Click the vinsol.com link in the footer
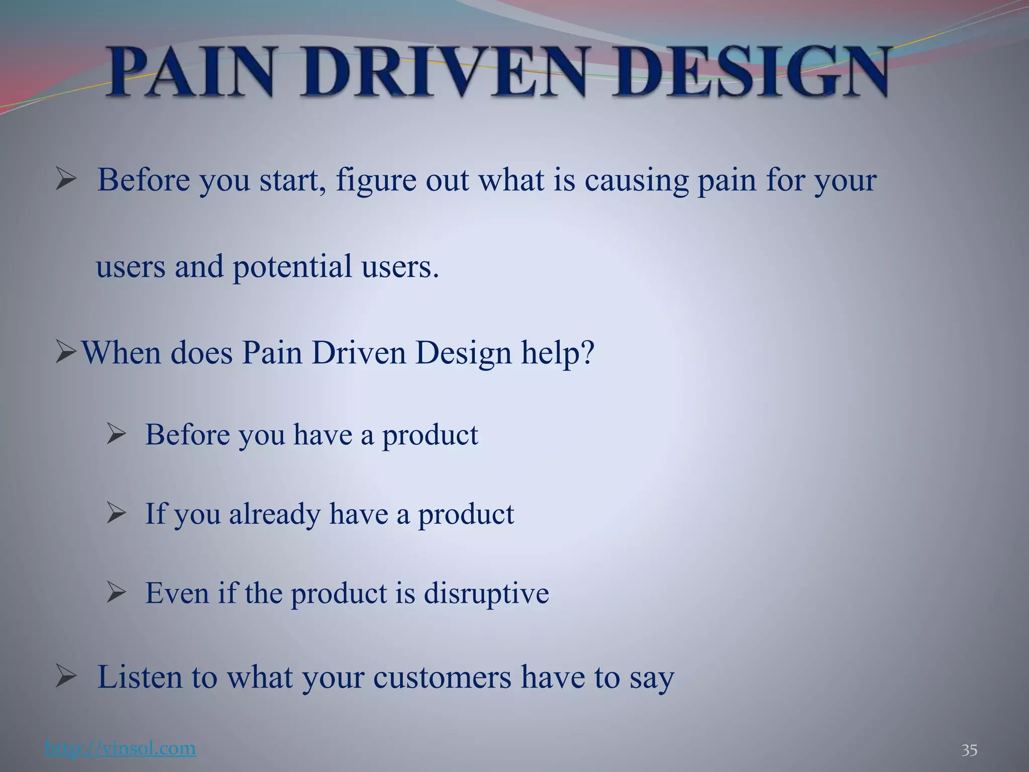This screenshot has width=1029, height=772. [x=120, y=748]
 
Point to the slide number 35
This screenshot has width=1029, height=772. [x=969, y=750]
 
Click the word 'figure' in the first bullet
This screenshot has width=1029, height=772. [x=376, y=180]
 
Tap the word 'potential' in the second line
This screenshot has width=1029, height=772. [x=292, y=266]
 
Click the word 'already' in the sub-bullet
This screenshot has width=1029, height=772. [x=275, y=514]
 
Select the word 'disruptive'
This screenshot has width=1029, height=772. [x=486, y=593]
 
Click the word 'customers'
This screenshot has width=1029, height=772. [x=442, y=678]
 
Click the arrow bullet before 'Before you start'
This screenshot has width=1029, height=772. [x=66, y=179]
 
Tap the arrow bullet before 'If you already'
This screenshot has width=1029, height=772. [x=116, y=514]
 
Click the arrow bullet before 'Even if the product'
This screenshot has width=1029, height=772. [x=116, y=593]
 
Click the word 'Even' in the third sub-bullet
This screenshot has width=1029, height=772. [x=177, y=593]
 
